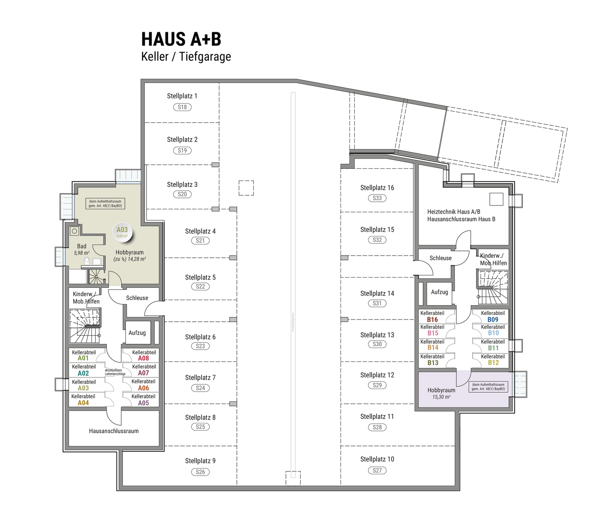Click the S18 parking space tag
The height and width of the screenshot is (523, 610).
point(182,107)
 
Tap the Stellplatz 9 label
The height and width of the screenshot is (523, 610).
point(200,461)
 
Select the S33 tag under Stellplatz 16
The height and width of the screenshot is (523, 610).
point(377,198)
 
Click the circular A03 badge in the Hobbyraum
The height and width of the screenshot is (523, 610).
point(122,232)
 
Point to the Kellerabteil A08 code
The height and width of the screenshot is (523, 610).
point(143,359)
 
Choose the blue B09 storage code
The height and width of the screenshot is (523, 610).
point(493,320)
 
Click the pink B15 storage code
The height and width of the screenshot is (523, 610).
point(433,333)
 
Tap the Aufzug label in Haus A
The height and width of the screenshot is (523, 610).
point(137,333)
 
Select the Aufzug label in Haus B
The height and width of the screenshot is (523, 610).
point(439,292)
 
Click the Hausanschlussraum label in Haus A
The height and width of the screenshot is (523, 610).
point(114,431)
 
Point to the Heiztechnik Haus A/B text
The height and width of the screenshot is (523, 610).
point(454,211)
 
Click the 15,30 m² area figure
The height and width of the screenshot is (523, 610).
point(441,397)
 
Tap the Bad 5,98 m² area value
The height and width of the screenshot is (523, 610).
point(81,253)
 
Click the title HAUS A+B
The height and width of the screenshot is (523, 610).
point(181,39)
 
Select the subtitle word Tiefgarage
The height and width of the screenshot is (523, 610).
point(205,56)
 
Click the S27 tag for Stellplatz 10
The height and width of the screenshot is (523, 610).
point(377,470)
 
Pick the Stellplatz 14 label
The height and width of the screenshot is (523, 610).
point(377,293)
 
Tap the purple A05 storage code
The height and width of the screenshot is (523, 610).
point(143,403)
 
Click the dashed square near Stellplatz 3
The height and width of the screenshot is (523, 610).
point(246,188)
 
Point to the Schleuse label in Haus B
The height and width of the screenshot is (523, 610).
point(440,258)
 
